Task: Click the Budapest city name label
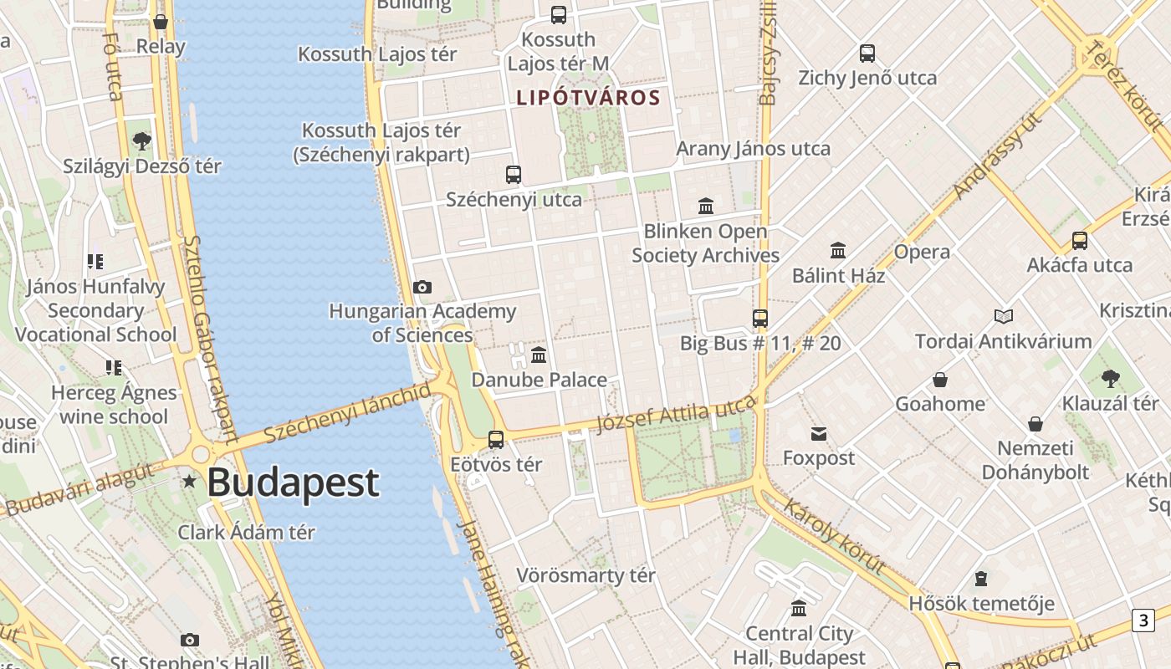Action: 293,483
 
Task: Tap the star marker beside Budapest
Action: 190,481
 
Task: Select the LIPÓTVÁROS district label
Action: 588,98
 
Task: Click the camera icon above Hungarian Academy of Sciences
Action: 422,288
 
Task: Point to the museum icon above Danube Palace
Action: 539,355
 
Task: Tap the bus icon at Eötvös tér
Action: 496,439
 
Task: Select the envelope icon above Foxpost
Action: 818,433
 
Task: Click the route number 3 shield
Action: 1143,620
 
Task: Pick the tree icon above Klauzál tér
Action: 1110,379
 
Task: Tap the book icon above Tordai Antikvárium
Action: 1004,316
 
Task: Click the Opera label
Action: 922,252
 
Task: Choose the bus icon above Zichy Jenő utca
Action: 867,54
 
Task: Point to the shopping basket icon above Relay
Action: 161,22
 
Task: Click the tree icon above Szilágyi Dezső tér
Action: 142,140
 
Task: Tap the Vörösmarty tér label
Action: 585,575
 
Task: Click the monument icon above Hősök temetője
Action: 981,579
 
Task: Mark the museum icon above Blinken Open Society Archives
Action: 706,206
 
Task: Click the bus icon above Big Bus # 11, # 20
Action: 759,318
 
